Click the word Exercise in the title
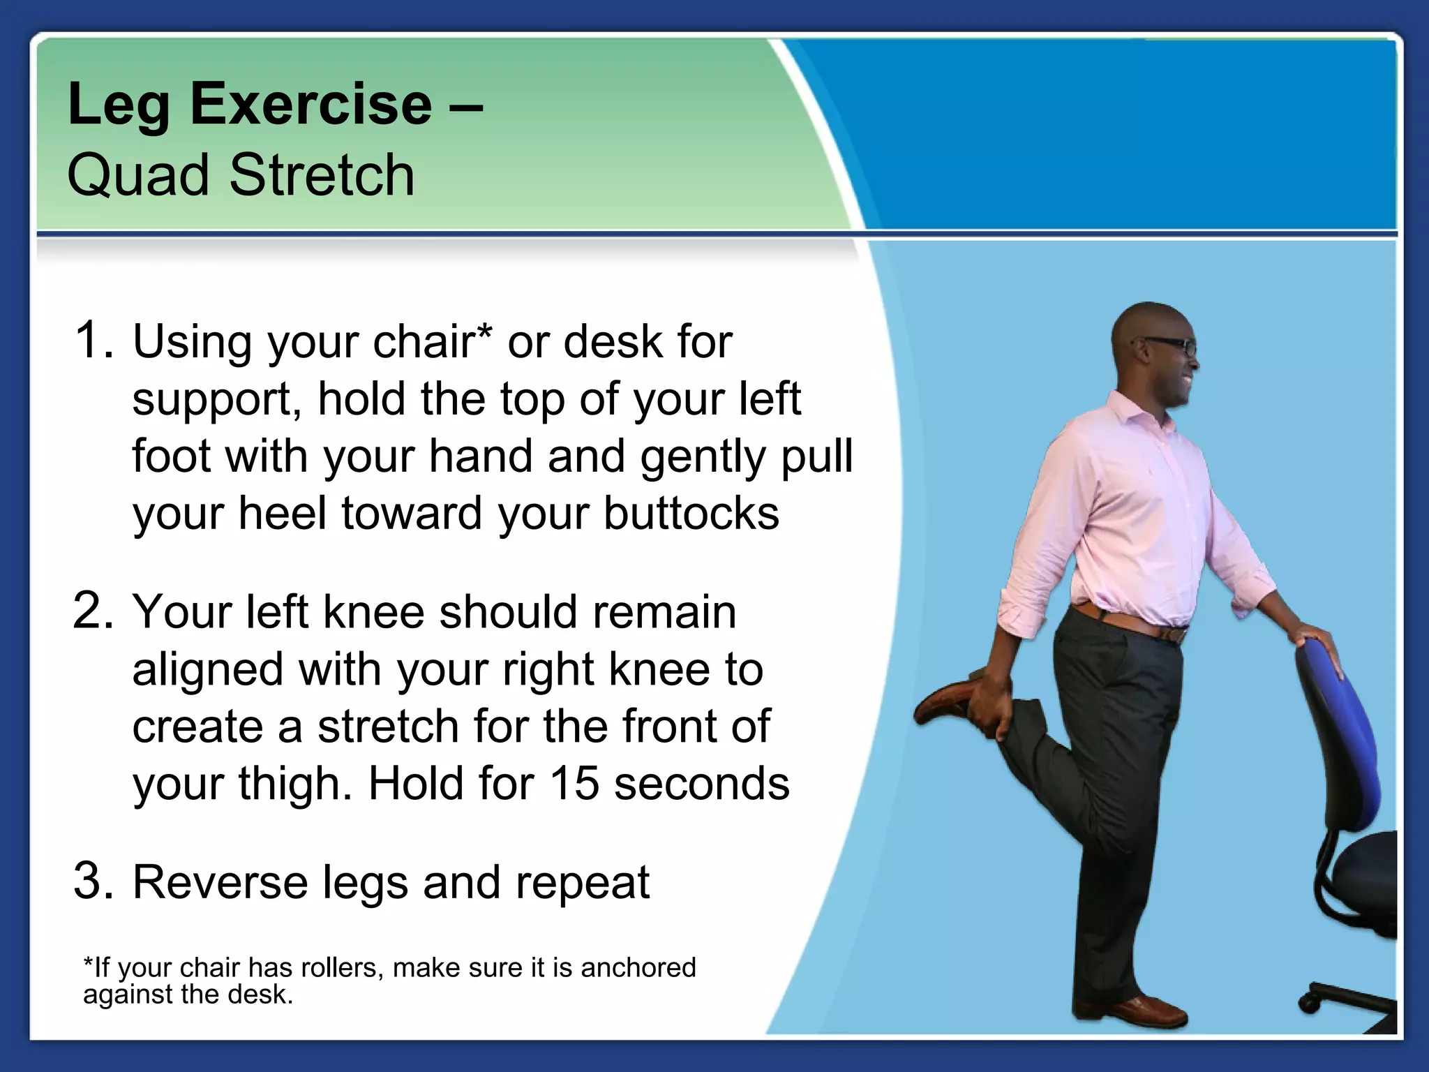pos(311,105)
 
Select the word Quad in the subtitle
pos(137,175)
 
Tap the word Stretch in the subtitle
pos(322,175)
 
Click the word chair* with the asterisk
pos(433,342)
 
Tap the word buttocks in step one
pos(691,514)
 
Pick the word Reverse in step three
pos(220,882)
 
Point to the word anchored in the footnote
pos(638,968)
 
